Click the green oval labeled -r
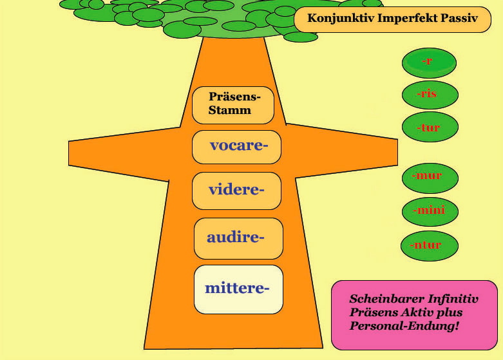click(429, 63)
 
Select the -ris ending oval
click(430, 95)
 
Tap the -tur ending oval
click(430, 127)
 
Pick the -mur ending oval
click(430, 178)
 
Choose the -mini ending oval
click(430, 211)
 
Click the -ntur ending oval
click(429, 246)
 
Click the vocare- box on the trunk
click(237, 147)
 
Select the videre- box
click(237, 191)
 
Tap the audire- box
click(238, 238)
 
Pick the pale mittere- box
click(238, 289)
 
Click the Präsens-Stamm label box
click(233, 105)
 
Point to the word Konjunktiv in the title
click(341, 18)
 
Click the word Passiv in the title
click(459, 19)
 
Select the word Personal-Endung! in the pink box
click(404, 326)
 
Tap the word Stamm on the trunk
click(230, 110)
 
